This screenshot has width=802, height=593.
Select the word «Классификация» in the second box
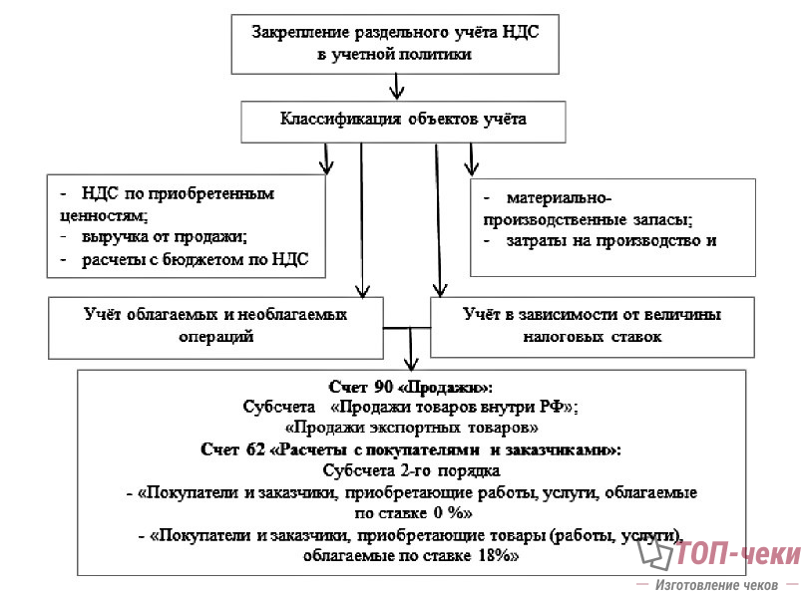click(339, 121)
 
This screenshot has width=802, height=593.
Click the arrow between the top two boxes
click(397, 90)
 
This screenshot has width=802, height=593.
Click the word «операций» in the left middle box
click(215, 336)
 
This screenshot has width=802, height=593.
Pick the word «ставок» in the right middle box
click(634, 337)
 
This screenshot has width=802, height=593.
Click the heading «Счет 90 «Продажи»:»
click(411, 386)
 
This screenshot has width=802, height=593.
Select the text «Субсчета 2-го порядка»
click(411, 470)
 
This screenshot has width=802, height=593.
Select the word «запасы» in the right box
click(659, 218)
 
